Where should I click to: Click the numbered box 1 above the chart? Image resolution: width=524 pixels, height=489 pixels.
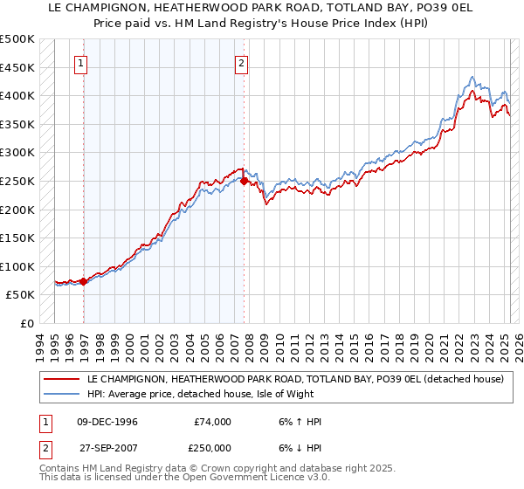click(80, 63)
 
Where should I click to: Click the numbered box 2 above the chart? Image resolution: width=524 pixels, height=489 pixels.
click(240, 63)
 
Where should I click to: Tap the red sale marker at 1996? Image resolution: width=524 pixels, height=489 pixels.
click(83, 281)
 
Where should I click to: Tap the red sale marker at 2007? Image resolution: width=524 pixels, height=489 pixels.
click(244, 182)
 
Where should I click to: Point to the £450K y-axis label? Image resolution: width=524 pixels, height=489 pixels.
click(17, 67)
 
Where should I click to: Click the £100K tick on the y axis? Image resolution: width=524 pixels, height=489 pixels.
click(17, 266)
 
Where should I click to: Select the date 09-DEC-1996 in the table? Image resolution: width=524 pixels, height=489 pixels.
click(107, 422)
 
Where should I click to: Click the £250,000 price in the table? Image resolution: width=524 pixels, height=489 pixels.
click(211, 450)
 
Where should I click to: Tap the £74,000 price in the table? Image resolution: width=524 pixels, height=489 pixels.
click(213, 422)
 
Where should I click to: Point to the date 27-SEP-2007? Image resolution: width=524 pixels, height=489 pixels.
click(107, 450)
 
